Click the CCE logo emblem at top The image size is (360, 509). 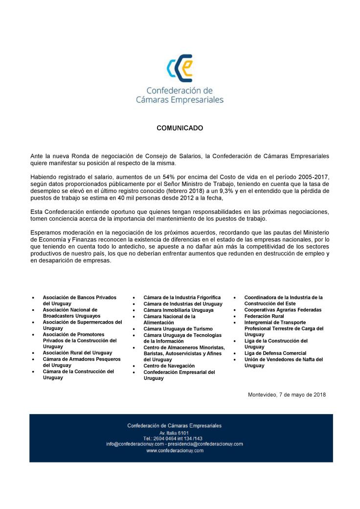coord(179,69)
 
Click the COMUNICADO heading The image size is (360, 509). coord(180,128)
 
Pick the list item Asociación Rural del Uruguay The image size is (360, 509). coord(77,352)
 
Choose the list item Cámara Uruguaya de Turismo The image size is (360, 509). coord(174,329)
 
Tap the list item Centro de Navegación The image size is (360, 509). coord(169,366)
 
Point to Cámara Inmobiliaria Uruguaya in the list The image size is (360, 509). coord(178,310)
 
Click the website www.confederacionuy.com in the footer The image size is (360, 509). coord(175,450)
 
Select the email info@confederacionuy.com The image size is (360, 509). coord(135,444)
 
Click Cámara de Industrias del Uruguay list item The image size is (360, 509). coord(182,303)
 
